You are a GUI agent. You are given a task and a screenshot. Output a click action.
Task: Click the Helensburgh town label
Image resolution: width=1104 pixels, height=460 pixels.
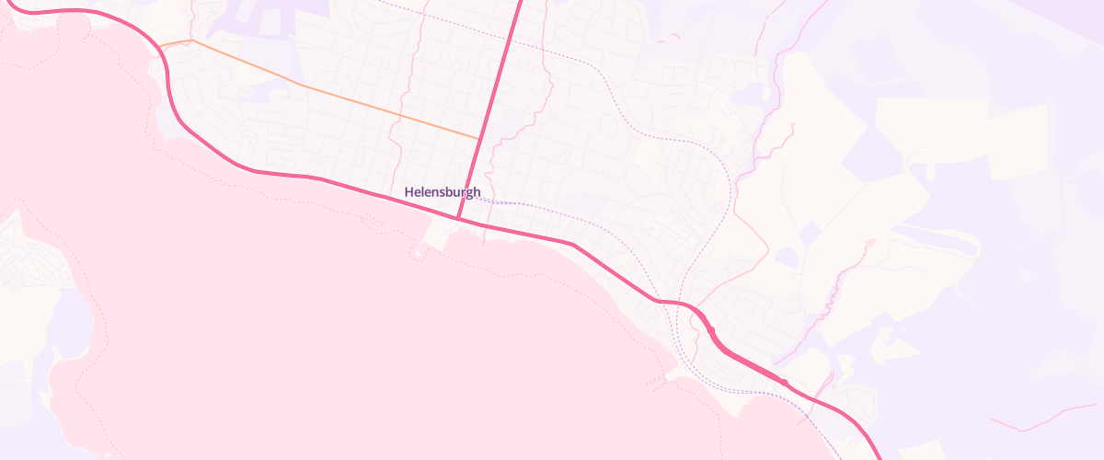coord(443,192)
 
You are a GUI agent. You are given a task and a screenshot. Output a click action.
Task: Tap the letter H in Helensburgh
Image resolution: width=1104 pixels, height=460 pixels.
coord(409,192)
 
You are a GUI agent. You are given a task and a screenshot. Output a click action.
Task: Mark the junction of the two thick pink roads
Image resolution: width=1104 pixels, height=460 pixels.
coord(457,219)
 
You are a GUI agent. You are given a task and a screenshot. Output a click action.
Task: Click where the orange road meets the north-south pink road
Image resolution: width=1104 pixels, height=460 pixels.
coord(478,139)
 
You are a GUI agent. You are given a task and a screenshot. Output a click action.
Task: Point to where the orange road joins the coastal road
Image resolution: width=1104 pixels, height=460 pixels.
coord(160,46)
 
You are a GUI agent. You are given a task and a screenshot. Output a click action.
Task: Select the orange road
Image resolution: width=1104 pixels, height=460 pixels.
coord(304,86)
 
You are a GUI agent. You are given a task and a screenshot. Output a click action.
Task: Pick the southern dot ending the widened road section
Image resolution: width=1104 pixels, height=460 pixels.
coord(784,381)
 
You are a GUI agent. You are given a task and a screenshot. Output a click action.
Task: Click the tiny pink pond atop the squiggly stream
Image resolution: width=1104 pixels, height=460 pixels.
coord(870,242)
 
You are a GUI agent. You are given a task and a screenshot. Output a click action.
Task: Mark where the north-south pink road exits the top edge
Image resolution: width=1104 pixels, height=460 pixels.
coord(521,2)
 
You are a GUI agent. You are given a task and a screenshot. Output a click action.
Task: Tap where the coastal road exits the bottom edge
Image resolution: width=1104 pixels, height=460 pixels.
coord(879,457)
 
